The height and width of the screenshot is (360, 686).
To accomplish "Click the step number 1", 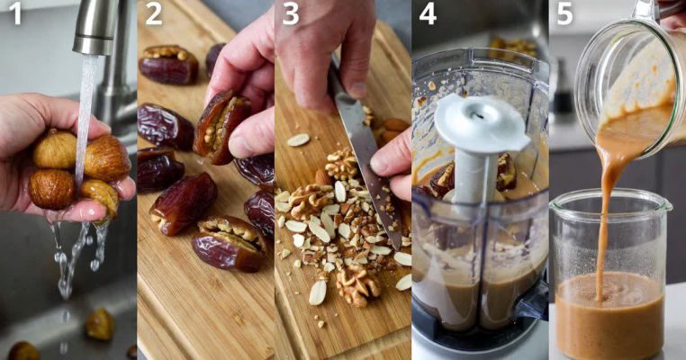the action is (x=15, y=14).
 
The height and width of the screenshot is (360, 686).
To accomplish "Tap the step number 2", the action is (x=154, y=14).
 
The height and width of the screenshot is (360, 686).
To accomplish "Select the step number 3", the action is (x=291, y=14).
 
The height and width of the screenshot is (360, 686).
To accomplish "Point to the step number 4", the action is (x=428, y=14).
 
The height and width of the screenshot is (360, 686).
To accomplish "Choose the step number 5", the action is (x=564, y=14).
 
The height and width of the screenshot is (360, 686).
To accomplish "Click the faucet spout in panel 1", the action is (x=94, y=26).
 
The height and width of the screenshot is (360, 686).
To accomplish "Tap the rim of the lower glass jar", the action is (x=610, y=198).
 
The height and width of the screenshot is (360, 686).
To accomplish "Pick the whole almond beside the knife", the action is (x=324, y=177).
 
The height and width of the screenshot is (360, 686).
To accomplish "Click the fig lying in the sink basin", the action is (x=100, y=324).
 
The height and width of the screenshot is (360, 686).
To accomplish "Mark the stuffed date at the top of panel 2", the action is (x=168, y=64).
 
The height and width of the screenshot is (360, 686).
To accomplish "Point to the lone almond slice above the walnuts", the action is (x=298, y=140).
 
